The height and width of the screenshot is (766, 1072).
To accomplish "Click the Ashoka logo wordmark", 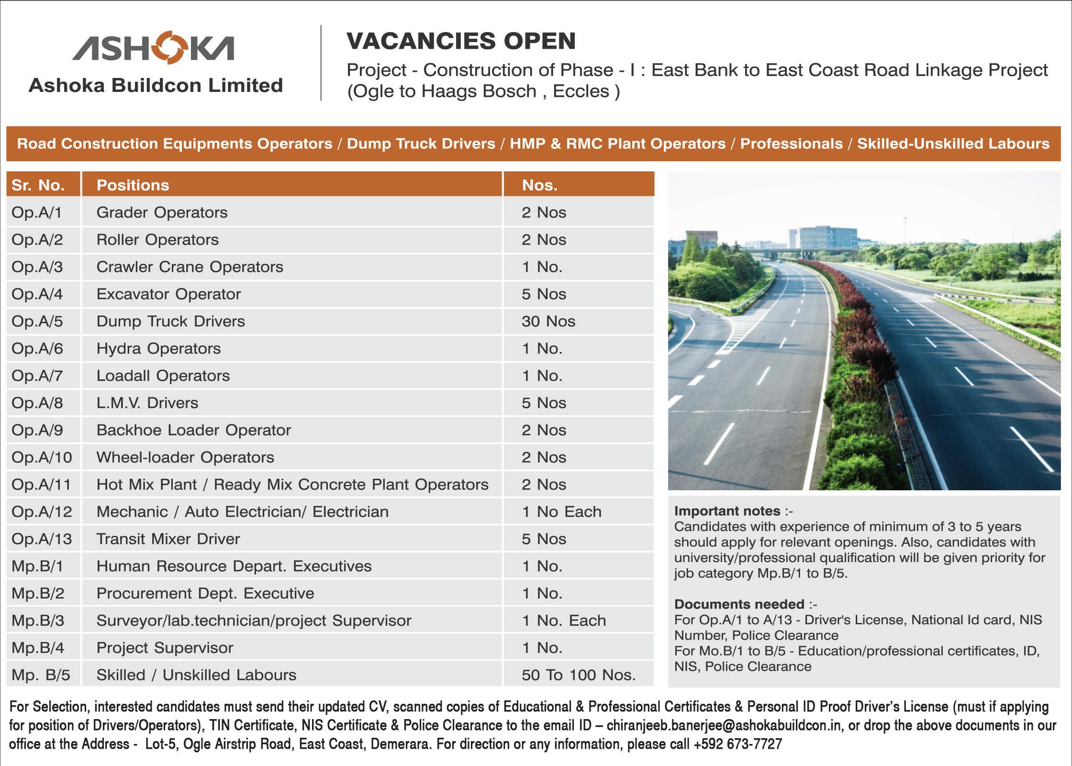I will (x=153, y=48).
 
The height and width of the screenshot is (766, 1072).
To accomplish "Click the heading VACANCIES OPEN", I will (x=461, y=41).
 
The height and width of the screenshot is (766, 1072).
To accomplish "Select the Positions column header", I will (x=133, y=185).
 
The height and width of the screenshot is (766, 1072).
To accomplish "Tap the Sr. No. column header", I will (x=38, y=185).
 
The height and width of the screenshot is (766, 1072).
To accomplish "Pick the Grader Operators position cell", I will (x=162, y=213).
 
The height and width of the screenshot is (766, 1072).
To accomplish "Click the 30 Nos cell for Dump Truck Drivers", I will (x=548, y=321).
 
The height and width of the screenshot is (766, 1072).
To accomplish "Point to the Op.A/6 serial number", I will (x=37, y=349).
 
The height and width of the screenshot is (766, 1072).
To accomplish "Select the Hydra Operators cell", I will (x=158, y=349).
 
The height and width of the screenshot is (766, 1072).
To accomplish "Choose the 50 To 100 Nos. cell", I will (x=579, y=675).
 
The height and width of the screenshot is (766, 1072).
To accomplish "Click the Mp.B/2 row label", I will (x=38, y=594).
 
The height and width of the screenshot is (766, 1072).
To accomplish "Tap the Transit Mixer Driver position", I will (x=168, y=539).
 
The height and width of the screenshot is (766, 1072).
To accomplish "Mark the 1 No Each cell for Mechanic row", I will (x=561, y=512).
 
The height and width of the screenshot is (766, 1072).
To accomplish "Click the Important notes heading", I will (x=727, y=511).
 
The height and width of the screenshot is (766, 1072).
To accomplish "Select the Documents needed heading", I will (x=739, y=604).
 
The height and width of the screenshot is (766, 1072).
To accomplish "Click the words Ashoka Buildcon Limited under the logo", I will (x=156, y=86).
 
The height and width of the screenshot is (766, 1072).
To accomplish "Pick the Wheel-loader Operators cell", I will (x=185, y=458).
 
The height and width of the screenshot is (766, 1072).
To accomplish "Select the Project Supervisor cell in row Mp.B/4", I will (x=165, y=648).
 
